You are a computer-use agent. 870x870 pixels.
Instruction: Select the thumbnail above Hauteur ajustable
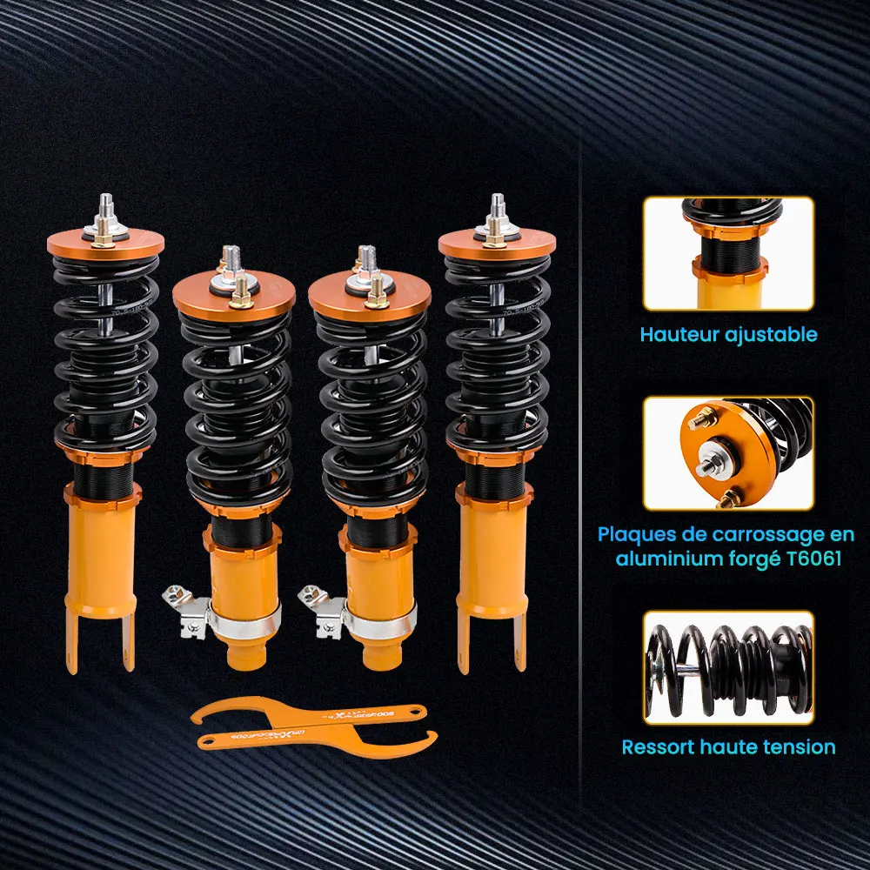(x=728, y=254)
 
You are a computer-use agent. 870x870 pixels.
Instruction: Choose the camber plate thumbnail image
(x=728, y=453)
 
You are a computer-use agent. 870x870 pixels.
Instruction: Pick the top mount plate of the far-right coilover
(x=496, y=245)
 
